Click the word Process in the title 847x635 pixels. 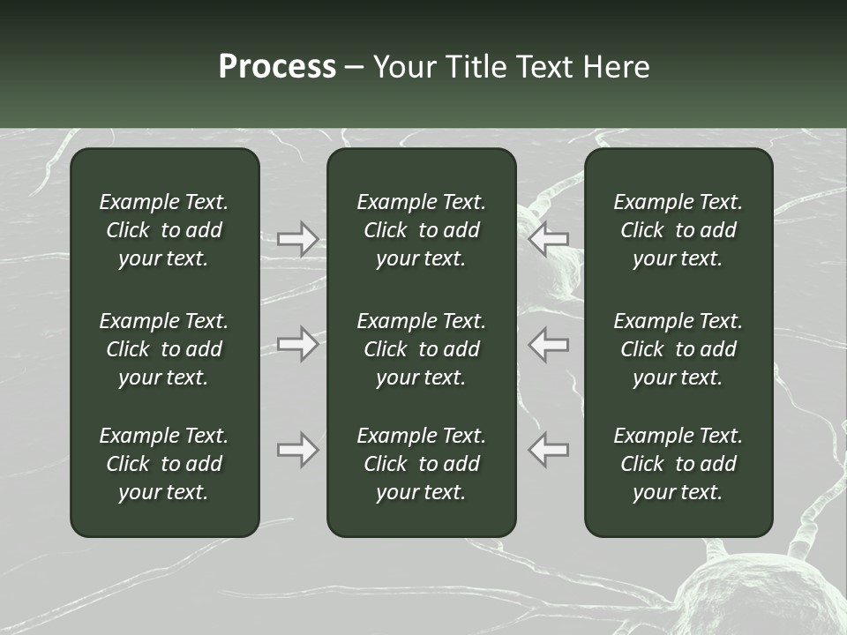click(x=277, y=67)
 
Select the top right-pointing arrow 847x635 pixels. click(x=298, y=239)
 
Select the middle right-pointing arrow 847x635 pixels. click(x=298, y=344)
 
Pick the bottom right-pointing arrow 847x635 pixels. click(x=298, y=450)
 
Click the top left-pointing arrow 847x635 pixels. click(x=548, y=239)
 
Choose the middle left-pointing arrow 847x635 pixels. click(x=548, y=344)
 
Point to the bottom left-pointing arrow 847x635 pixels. click(x=548, y=450)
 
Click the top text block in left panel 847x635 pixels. click(x=164, y=230)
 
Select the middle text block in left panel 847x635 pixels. click(x=164, y=349)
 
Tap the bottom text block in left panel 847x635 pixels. click(x=164, y=464)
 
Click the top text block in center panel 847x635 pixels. click(x=421, y=230)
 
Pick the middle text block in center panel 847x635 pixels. click(x=421, y=349)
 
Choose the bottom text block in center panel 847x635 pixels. click(x=421, y=464)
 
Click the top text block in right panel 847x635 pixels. click(x=678, y=230)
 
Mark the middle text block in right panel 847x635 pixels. click(x=678, y=349)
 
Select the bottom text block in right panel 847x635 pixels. click(x=678, y=464)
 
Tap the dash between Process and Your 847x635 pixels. click(x=355, y=69)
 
